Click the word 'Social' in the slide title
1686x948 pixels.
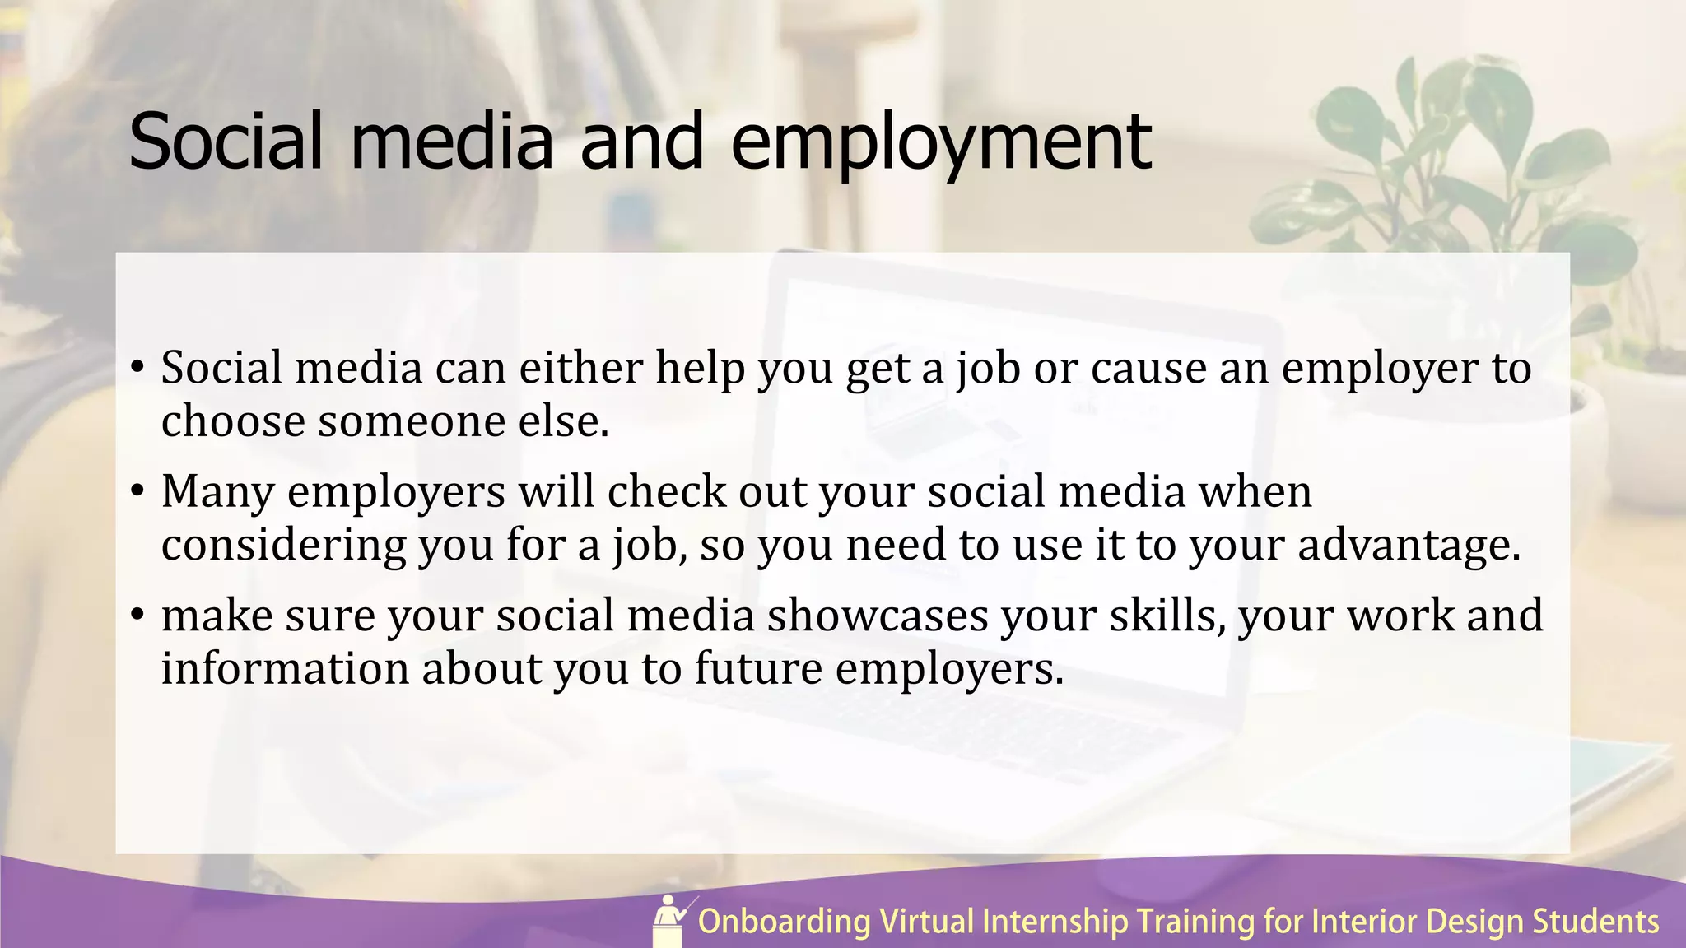(226, 142)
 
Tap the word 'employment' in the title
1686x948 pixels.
(940, 144)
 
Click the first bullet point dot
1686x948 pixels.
(137, 367)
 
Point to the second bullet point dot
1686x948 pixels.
(137, 491)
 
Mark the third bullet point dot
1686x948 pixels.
(137, 615)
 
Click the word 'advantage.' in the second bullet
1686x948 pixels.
(1409, 546)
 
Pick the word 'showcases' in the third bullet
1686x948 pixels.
(878, 616)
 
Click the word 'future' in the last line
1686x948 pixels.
(758, 668)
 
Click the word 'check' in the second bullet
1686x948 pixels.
(667, 492)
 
